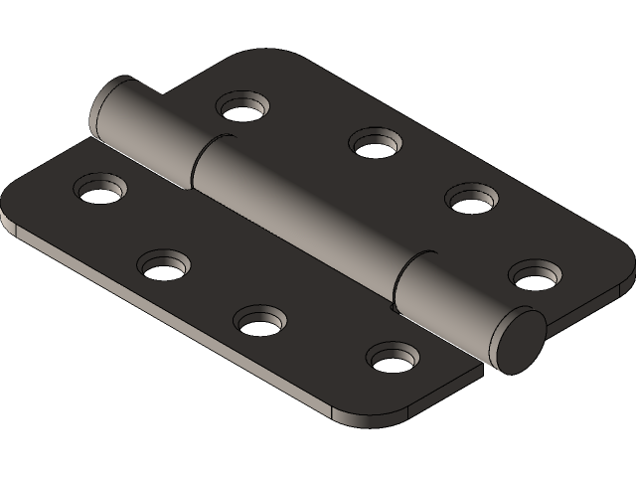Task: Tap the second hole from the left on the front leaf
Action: pyautogui.click(x=164, y=264)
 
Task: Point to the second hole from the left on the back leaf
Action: pyautogui.click(x=374, y=142)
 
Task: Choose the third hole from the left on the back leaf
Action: pyautogui.click(x=470, y=198)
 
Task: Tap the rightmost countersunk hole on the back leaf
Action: pyautogui.click(x=537, y=273)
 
